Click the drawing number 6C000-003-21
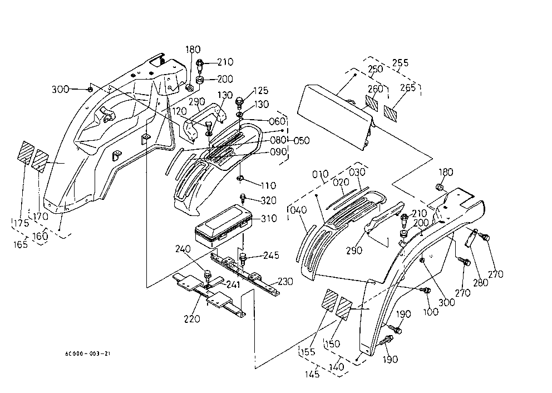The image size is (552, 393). coord(88,353)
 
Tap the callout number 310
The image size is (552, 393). coord(269,218)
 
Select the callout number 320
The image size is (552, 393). coord(269,200)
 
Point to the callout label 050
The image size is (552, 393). coord(302,140)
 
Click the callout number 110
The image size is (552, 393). coord(268,185)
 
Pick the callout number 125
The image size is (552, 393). coord(260,91)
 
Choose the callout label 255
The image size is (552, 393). coord(400,63)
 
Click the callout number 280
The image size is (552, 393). coord(481,282)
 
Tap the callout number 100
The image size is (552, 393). coord(431,312)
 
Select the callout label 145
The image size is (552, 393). coord(312,374)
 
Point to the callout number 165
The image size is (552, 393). coord(21,244)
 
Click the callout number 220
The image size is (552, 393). coord(192,319)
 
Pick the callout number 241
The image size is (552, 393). coord(233,284)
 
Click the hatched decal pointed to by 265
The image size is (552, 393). coord(391,113)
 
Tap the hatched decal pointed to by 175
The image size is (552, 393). coord(26,153)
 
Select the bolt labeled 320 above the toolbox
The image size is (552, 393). coord(243,198)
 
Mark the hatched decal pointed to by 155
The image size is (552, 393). coord(331,301)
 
